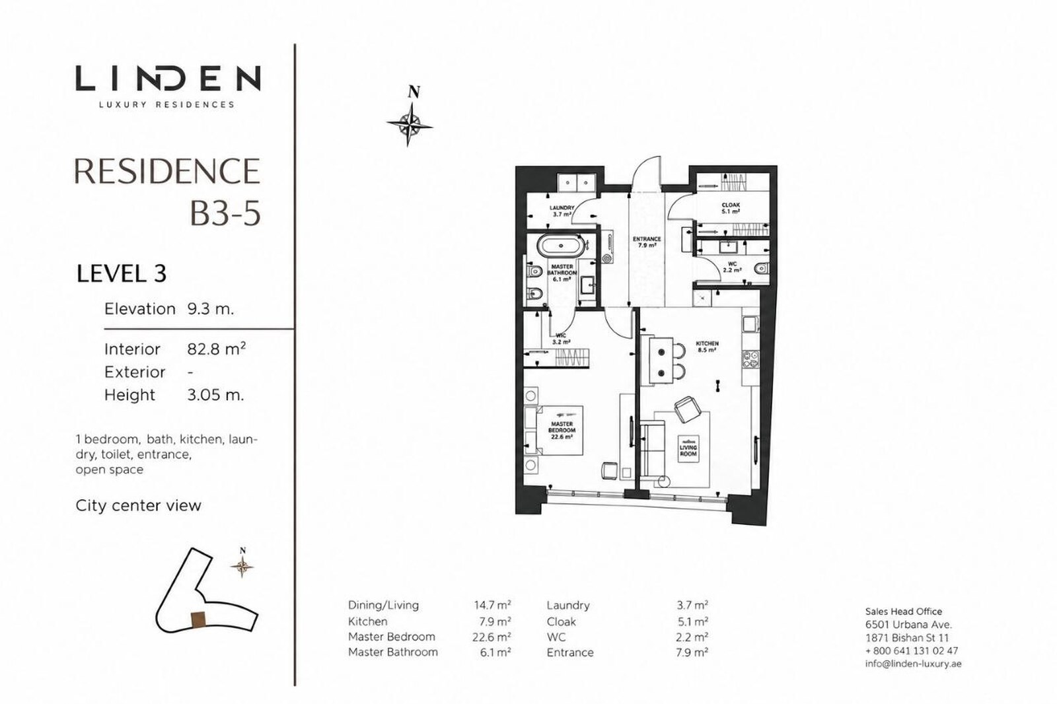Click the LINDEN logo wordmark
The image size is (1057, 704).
point(168,79)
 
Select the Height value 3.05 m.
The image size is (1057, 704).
point(215,394)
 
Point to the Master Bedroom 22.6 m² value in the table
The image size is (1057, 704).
point(492,637)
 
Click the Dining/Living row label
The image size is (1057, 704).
point(383,606)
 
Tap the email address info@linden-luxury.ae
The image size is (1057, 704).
point(913,664)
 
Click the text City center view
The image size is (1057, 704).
point(138,505)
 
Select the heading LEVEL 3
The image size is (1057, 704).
point(122,273)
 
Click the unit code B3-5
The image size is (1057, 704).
point(225,213)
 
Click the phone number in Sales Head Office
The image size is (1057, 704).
point(912,651)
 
